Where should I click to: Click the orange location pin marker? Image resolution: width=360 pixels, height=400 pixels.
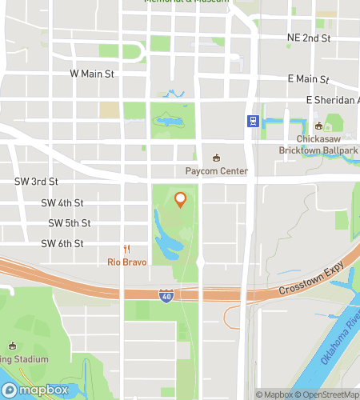click(180, 199)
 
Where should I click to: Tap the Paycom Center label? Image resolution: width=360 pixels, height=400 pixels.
click(216, 171)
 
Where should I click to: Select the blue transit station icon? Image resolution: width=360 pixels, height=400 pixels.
click(252, 122)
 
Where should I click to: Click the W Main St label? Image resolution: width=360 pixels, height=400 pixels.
click(93, 74)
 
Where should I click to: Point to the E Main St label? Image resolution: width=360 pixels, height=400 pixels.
click(308, 79)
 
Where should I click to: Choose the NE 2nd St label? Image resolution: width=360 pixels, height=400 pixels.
click(309, 38)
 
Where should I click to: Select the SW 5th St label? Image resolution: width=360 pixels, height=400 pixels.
click(69, 223)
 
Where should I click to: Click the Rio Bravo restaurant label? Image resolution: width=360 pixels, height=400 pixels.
click(126, 262)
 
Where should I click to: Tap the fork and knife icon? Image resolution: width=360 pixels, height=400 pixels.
click(126, 249)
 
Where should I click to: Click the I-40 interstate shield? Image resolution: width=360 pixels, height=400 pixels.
click(165, 294)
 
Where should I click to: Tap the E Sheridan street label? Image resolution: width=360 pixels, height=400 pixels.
click(332, 100)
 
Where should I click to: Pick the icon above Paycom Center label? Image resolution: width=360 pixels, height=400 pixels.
click(215, 157)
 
